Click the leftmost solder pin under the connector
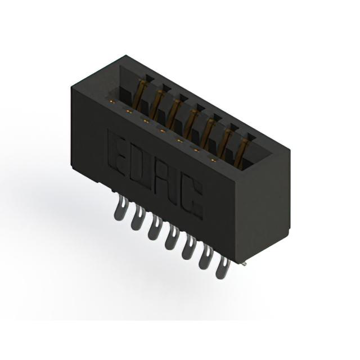coord(120,208)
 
